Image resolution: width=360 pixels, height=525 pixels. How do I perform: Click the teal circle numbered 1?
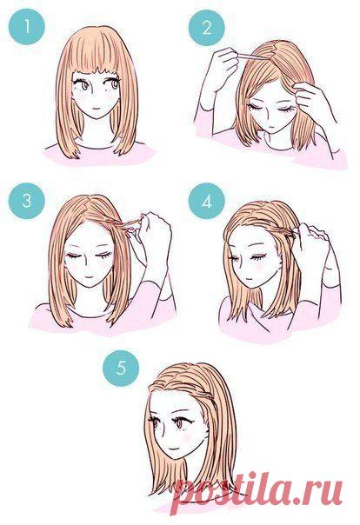[27, 26]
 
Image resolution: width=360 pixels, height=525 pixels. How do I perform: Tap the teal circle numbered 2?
[206, 28]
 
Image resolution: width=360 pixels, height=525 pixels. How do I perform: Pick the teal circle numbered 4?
[206, 201]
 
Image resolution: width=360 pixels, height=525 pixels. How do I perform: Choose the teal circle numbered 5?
[121, 369]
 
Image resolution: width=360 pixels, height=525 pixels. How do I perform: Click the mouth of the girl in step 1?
[97, 109]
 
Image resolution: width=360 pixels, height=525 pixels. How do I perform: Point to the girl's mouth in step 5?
[173, 448]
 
